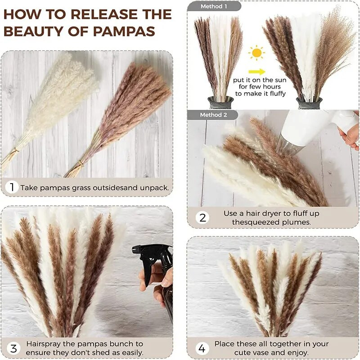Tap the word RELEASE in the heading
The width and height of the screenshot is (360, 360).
point(104,14)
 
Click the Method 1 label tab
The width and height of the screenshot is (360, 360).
point(214,6)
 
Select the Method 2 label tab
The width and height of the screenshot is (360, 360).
point(212,115)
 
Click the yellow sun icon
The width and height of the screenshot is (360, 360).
point(256,53)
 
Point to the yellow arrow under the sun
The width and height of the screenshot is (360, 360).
point(256,72)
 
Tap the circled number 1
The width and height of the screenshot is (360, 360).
point(12,187)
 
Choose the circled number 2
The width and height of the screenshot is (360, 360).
point(202,218)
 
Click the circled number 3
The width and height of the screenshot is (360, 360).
point(13,348)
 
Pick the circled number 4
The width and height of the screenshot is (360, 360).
point(202,348)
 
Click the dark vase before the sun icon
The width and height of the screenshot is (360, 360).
point(220,103)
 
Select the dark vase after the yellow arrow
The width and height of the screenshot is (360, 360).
point(309,103)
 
